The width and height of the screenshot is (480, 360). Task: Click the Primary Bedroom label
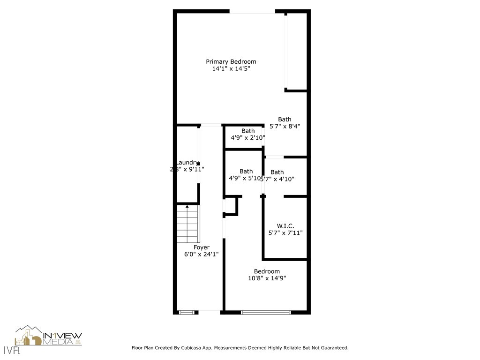coord(231,61)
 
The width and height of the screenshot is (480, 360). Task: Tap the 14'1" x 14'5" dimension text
coord(231,68)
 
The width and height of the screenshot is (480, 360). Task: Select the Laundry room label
coord(187,162)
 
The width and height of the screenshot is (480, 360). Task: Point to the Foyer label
coord(202,247)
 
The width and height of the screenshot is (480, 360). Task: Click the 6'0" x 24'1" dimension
coord(202,254)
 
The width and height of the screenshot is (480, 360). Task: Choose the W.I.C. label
coord(285,225)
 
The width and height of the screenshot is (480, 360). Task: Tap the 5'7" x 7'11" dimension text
coord(285,232)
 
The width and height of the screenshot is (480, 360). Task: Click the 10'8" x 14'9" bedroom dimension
coord(267,278)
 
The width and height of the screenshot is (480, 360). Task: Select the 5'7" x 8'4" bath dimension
coord(285,126)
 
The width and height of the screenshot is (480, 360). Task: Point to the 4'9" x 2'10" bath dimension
coord(248,138)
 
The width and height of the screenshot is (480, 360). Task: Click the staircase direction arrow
coord(187,206)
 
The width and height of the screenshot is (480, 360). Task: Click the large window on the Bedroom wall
coord(266,312)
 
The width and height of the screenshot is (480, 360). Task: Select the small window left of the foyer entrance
coord(187,312)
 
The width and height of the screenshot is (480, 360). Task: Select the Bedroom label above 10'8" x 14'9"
coord(267,271)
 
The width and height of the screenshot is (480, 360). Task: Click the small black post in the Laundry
coord(199,164)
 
